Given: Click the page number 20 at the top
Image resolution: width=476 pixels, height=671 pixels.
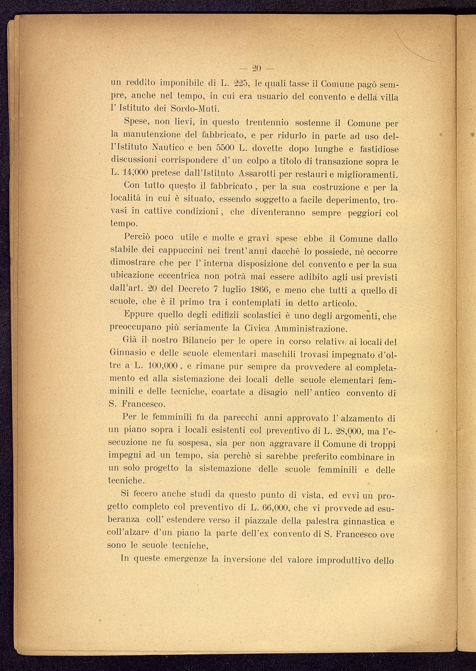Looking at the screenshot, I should [x=257, y=68].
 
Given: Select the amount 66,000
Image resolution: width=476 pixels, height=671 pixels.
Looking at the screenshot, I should [x=271, y=508].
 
